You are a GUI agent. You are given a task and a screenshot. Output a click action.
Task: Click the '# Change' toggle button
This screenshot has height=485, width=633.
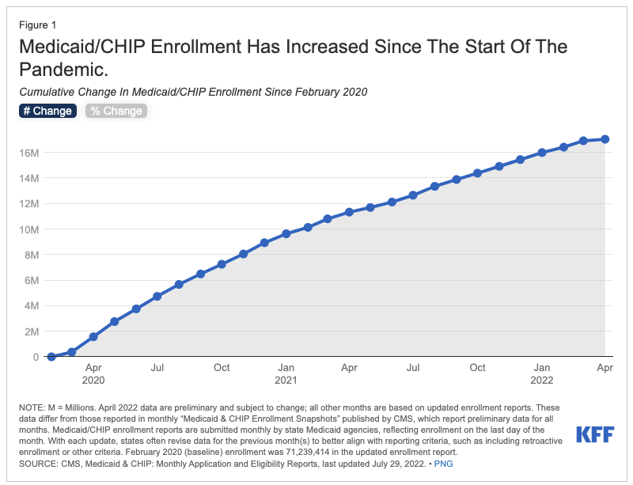coord(47,111)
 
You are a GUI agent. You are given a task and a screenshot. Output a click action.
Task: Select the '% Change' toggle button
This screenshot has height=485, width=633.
coord(116,111)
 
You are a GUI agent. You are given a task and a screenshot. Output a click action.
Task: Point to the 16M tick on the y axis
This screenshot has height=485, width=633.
coord(28,152)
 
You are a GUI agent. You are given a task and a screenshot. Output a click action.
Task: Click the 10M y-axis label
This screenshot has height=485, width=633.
coord(28,229)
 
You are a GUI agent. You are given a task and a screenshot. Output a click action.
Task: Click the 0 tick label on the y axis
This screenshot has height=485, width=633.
coord(36,357)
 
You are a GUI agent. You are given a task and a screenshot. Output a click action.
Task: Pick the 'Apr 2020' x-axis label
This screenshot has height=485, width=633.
coord(93,373)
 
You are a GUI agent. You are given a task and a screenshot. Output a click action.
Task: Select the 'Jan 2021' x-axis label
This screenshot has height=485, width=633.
coord(286,373)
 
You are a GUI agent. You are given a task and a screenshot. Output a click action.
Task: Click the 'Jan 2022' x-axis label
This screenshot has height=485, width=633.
coord(542,373)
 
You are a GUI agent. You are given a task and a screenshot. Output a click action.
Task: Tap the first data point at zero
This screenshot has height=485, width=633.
coord(51,357)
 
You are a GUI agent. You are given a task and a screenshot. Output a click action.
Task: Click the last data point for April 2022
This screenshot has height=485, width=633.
coord(605,139)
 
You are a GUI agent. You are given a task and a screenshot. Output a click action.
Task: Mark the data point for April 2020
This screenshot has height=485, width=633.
coord(93,336)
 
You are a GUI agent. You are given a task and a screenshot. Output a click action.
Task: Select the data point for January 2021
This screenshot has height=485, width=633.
coord(286,234)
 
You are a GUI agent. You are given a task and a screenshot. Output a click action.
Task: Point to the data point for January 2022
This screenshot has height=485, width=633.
coord(542,152)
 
